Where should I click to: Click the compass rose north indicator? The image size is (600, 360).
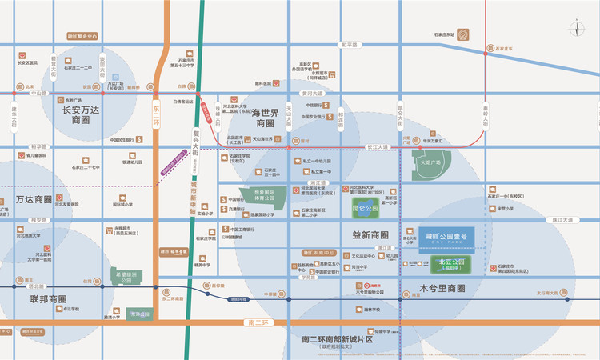pos(578,30)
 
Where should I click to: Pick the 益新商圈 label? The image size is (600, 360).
pos(370,235)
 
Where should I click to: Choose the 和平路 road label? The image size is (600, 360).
pos(346,46)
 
